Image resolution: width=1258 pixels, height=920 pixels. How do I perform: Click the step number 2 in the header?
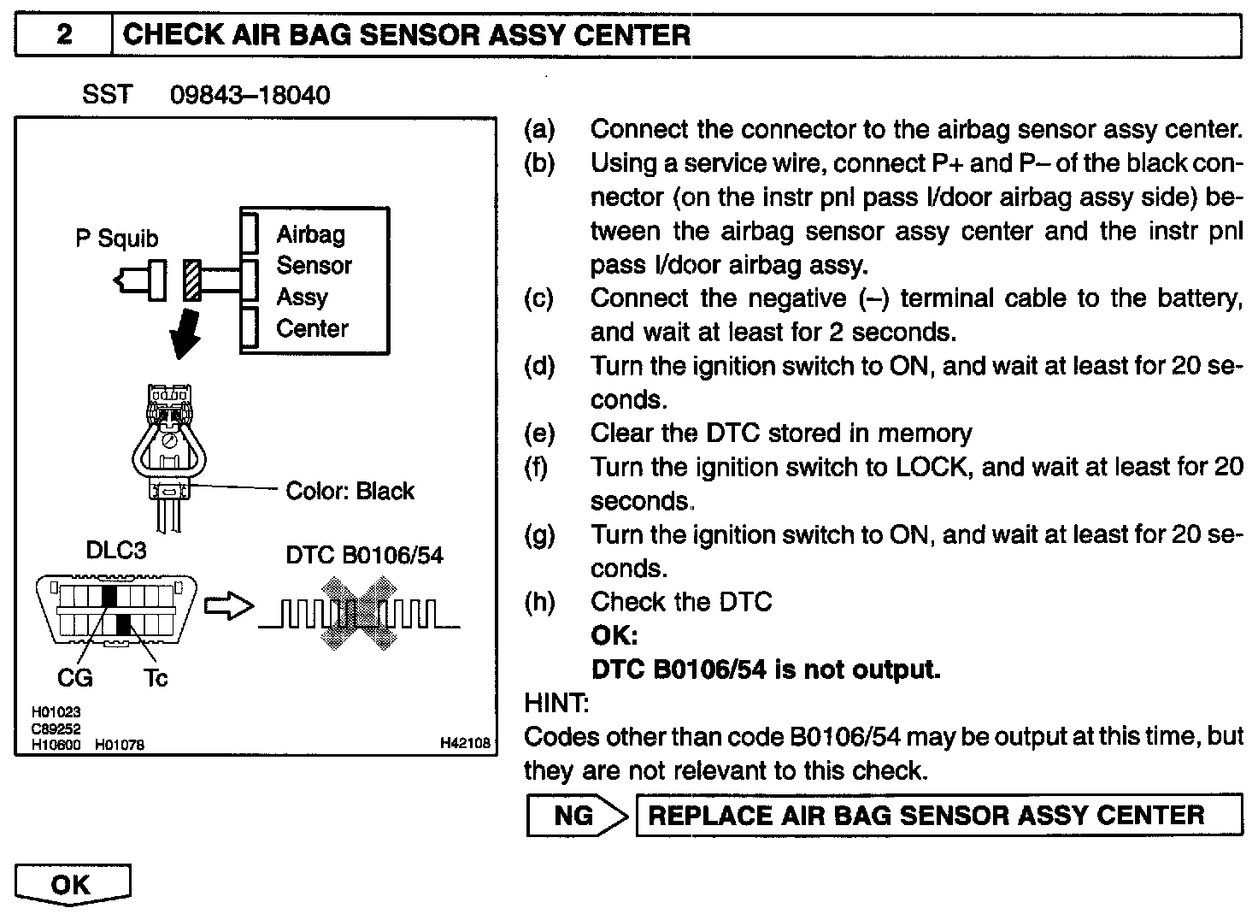(x=65, y=36)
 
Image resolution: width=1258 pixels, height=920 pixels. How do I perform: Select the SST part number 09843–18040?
(x=250, y=95)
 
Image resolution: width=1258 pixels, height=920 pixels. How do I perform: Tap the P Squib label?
(x=117, y=239)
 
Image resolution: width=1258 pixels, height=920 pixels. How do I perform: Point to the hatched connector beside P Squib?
(x=192, y=280)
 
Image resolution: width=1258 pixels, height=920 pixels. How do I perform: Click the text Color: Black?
(x=350, y=492)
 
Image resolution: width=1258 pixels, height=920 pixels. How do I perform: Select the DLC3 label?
(x=116, y=551)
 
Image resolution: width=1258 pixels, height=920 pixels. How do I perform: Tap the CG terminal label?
(x=75, y=679)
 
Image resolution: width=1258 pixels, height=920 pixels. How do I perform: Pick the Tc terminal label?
(x=156, y=679)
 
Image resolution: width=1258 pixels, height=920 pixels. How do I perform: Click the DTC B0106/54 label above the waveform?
(x=365, y=556)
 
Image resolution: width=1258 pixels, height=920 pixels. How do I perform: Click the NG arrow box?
(x=577, y=816)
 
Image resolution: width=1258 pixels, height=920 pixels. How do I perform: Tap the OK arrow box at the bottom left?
(x=73, y=885)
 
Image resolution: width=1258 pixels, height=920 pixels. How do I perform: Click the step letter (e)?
(x=539, y=433)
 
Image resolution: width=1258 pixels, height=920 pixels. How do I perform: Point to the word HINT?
(x=556, y=704)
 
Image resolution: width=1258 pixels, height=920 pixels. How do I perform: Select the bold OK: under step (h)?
(x=614, y=636)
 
